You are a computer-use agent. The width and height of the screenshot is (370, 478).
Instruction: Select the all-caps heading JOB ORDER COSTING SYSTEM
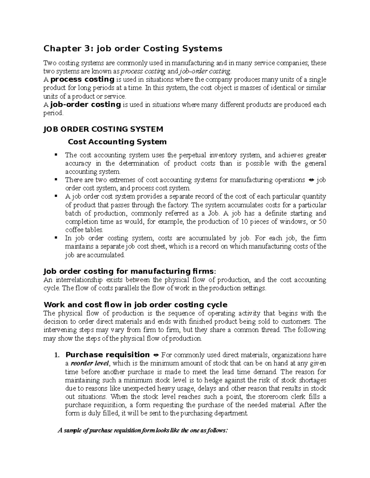(x=103, y=129)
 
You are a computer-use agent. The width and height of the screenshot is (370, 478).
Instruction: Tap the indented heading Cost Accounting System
(x=117, y=142)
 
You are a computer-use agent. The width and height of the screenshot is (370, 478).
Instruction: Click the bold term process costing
(x=82, y=80)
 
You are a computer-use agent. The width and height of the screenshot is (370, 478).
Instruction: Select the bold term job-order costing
(x=85, y=105)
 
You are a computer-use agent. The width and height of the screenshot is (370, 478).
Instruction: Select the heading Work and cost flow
(x=135, y=305)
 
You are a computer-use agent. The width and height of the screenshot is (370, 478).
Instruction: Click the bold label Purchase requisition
(x=108, y=355)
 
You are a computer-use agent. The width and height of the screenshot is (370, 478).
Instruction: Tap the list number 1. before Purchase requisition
(x=56, y=355)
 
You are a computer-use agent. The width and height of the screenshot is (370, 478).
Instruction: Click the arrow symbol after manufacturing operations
(x=311, y=180)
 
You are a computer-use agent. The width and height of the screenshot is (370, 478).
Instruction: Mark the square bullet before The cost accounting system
(x=56, y=154)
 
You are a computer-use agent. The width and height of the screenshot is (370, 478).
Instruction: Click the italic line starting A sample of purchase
(x=142, y=430)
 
